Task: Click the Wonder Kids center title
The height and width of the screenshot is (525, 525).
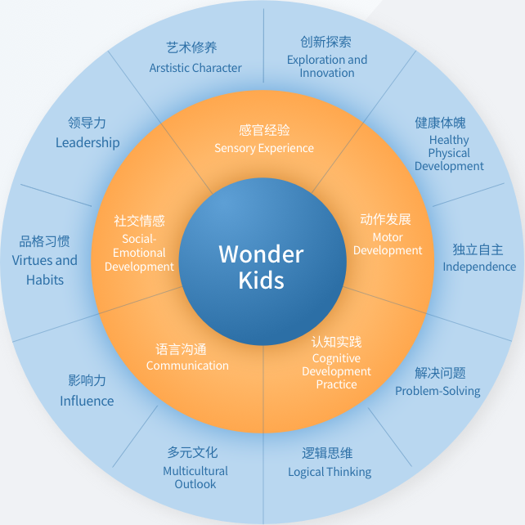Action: (261, 267)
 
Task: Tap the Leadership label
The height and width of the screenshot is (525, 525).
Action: (87, 142)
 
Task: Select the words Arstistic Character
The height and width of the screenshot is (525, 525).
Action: (195, 68)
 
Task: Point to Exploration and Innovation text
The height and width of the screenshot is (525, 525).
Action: (327, 66)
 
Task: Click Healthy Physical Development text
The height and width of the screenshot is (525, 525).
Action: (449, 153)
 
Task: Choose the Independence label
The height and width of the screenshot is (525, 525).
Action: (479, 267)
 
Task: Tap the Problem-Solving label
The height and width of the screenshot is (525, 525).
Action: (437, 391)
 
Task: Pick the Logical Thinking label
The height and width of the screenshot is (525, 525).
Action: (330, 472)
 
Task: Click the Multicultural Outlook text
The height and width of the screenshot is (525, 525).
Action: (195, 478)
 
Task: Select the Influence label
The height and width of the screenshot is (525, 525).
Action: (87, 401)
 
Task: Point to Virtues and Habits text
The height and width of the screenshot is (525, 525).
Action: (44, 270)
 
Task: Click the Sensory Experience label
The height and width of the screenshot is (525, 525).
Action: (264, 148)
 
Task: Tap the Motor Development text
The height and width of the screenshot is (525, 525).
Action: (388, 244)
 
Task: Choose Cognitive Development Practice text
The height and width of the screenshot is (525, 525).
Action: (336, 371)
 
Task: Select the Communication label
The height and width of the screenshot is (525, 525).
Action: (187, 366)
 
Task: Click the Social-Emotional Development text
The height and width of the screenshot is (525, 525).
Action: (139, 253)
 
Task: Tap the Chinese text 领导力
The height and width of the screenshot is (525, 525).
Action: (87, 123)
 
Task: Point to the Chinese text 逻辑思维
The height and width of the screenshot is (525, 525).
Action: (327, 453)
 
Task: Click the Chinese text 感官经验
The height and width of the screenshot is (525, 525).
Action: (264, 130)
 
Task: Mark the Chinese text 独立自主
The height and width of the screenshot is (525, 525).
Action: (478, 249)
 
